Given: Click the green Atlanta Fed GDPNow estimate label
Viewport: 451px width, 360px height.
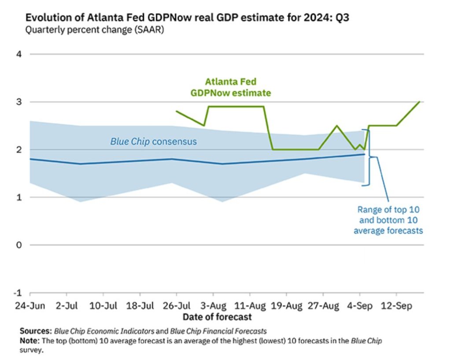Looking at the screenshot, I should pyautogui.click(x=230, y=87).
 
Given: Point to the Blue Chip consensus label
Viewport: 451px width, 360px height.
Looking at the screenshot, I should pyautogui.click(x=153, y=142).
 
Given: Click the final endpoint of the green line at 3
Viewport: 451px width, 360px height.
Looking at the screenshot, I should pyautogui.click(x=419, y=102).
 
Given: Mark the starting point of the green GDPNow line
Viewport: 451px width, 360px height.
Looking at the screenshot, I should pyautogui.click(x=176, y=111).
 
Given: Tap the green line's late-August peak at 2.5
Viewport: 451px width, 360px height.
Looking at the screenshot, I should pyautogui.click(x=337, y=126).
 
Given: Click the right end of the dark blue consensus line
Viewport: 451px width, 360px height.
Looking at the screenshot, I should pyautogui.click(x=364, y=154).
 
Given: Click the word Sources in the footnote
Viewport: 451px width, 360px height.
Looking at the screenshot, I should pyautogui.click(x=36, y=330).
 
